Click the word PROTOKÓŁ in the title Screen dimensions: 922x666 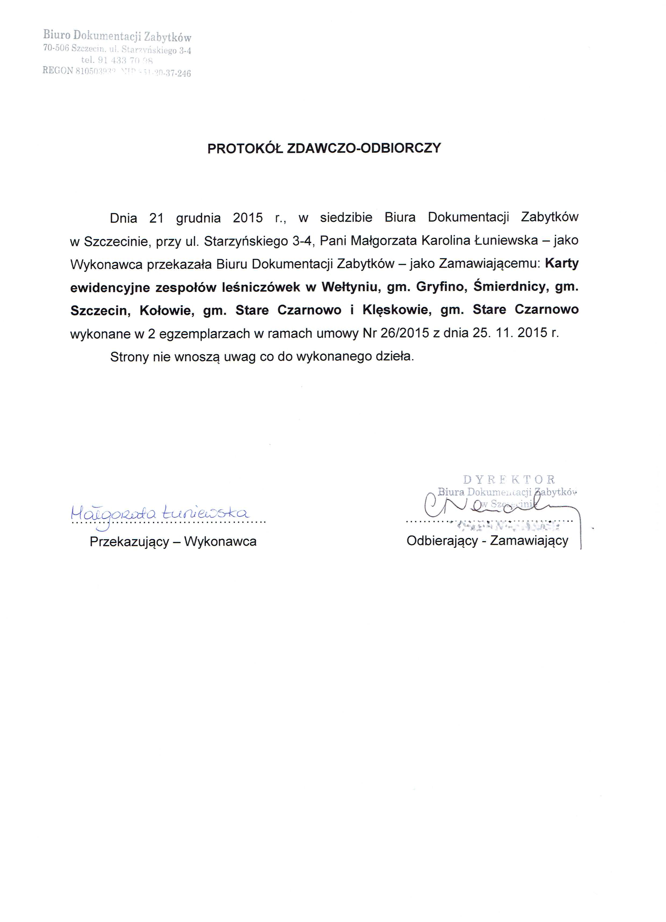(245, 148)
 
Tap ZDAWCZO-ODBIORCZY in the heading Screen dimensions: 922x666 (364, 148)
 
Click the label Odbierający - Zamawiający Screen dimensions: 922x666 (487, 541)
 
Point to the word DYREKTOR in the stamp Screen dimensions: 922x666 (509, 480)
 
